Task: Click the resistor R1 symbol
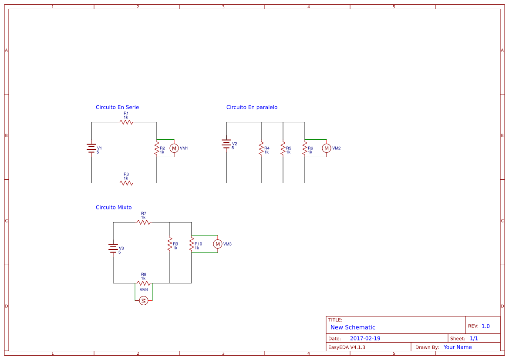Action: (x=126, y=122)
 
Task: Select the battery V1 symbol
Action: (x=91, y=148)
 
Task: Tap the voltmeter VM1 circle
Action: (x=174, y=148)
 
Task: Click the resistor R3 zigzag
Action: (x=126, y=183)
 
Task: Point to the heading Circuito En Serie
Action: (x=117, y=107)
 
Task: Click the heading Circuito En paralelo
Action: (x=252, y=107)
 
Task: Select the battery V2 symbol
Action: (x=226, y=144)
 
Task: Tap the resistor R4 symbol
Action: (x=261, y=148)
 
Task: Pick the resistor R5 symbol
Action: (x=283, y=148)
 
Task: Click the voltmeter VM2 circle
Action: (x=326, y=148)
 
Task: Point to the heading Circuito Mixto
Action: (x=113, y=207)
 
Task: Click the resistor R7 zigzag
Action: (x=144, y=222)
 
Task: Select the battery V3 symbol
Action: (x=113, y=249)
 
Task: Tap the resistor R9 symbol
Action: (x=169, y=244)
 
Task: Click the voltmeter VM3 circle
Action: (x=217, y=244)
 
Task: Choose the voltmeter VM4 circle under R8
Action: (x=144, y=300)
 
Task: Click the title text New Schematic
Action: (x=353, y=327)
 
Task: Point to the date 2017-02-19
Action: (x=365, y=338)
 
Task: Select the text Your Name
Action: (x=457, y=347)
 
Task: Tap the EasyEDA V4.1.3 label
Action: (x=347, y=347)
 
